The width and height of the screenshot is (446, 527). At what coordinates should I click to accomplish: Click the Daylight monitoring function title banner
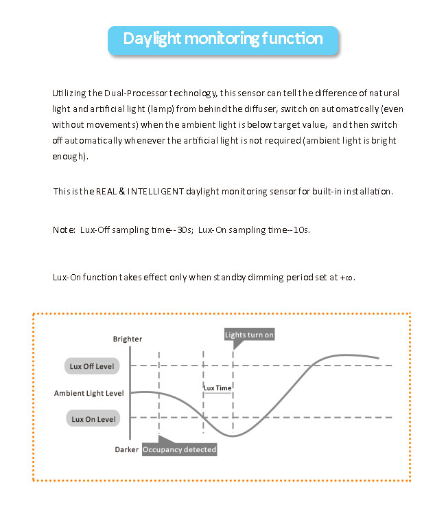pos(223,38)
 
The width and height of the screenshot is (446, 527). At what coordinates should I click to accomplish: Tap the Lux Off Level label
pos(91,366)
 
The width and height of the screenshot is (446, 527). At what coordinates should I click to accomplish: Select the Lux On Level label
pos(91,418)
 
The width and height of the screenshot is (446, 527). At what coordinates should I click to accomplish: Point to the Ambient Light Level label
pos(89,393)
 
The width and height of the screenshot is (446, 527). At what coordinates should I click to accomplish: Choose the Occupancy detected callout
pos(180,449)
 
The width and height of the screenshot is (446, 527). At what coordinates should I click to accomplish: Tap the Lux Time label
pos(218,388)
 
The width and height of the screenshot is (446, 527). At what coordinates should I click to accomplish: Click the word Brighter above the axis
pos(128,339)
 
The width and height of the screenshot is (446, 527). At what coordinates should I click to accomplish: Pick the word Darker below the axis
pos(127,449)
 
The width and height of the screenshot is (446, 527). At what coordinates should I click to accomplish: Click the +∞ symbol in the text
pos(347,278)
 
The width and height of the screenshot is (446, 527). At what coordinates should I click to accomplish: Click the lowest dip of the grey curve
pos(234,436)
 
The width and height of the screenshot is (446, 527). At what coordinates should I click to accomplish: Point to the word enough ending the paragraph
pos(69,156)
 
